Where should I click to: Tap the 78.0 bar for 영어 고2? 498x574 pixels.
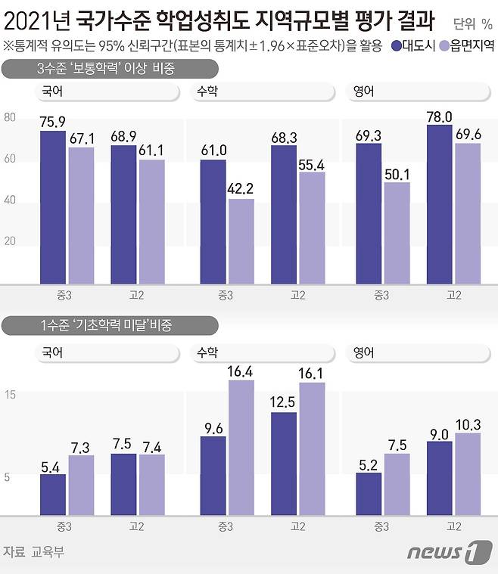[440, 204]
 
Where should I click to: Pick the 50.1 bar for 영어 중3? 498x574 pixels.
[397, 232]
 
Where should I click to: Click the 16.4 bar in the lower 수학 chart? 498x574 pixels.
[241, 447]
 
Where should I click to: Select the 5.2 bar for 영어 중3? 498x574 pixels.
[369, 493]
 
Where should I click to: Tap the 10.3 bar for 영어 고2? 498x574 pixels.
[467, 473]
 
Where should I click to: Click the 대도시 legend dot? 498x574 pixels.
[397, 46]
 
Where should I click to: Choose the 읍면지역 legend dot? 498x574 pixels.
[444, 46]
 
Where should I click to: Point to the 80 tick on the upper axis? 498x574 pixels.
[10, 118]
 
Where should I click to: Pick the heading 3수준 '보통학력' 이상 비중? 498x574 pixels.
[106, 70]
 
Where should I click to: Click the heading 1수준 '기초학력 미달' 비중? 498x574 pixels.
[106, 326]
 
